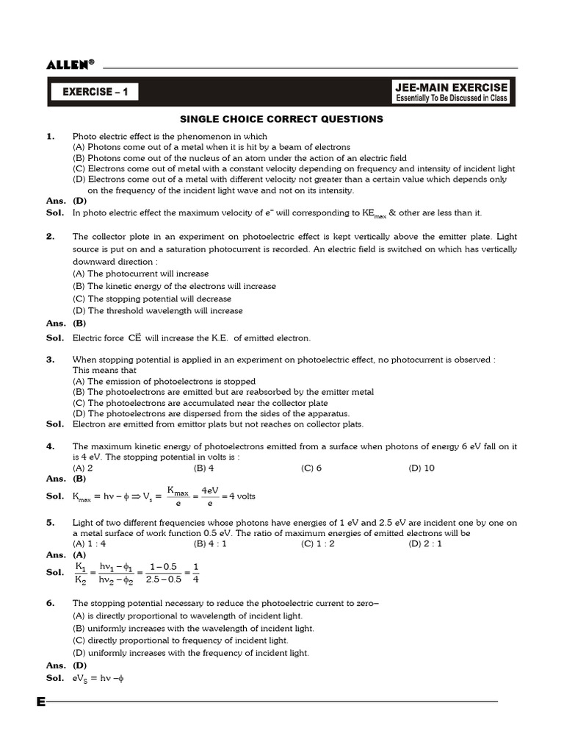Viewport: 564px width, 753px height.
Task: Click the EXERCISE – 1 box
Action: point(93,92)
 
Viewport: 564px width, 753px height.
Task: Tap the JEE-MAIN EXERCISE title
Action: point(451,88)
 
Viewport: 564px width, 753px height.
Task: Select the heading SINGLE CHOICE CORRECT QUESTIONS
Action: point(282,118)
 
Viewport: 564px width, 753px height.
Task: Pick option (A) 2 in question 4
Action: point(82,468)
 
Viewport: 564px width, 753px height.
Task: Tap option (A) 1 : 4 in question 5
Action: point(89,543)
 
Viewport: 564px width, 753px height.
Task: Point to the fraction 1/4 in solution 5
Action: point(196,573)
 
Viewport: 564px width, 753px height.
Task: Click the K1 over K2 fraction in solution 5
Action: point(81,573)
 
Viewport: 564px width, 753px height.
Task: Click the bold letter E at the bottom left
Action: point(41,702)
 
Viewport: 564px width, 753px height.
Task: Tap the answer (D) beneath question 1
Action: point(79,201)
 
